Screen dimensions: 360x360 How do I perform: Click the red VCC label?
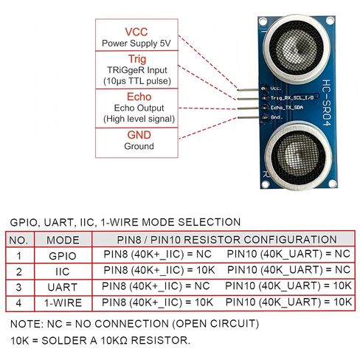pos(136,32)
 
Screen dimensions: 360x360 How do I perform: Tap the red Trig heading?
pos(137,59)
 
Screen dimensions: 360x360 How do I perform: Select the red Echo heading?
pos(139,97)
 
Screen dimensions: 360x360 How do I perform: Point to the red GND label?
pos(139,135)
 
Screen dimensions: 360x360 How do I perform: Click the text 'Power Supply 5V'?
pos(136,44)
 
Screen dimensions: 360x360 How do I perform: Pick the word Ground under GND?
pos(139,146)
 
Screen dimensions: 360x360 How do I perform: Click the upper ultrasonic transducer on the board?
pos(297,48)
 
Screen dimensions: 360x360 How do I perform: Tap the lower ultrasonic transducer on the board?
pos(299,156)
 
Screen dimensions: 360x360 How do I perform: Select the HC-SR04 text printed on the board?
pos(326,103)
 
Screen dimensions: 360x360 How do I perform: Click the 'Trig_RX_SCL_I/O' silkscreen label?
pos(292,98)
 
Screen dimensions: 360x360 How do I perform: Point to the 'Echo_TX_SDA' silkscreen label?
pos(286,108)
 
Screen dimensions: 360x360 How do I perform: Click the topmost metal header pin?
pos(248,90)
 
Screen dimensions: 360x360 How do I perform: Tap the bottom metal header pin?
pos(248,118)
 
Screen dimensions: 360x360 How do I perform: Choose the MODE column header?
pos(63,240)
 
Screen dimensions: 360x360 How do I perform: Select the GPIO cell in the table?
pos(63,256)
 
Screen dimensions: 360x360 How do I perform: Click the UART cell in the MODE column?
pos(63,287)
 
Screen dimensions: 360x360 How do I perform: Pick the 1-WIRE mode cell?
pos(63,303)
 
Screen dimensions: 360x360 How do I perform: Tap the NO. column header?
pos(18,240)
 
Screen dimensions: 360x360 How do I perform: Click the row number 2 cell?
pos(19,271)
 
